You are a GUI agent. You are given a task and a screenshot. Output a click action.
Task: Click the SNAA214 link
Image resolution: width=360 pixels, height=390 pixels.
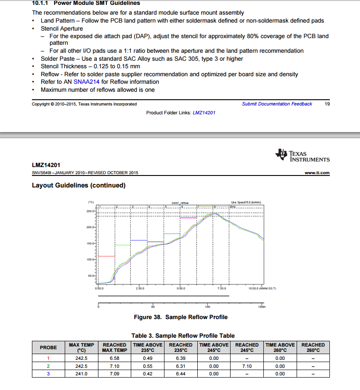pos(86,82)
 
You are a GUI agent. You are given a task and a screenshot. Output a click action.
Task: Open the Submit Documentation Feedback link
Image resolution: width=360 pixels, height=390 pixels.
pos(277,104)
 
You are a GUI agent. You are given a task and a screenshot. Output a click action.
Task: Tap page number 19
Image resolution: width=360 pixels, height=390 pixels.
pos(327,104)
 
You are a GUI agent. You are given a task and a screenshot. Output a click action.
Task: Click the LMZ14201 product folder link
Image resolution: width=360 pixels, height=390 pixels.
pos(204,113)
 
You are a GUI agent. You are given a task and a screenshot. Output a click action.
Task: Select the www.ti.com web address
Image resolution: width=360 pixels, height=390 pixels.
pos(317,173)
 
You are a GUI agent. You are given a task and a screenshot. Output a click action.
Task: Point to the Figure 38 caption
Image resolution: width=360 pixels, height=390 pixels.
pos(180,317)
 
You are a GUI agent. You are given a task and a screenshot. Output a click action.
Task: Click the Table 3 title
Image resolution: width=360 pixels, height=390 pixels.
pos(183,335)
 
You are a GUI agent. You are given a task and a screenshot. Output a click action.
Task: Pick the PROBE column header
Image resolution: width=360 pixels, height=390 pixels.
pos(48,347)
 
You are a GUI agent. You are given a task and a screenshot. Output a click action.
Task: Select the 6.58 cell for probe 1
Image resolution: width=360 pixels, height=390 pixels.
pos(115,359)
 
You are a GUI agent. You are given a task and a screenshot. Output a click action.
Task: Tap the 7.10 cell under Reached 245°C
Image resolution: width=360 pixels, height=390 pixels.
pos(247,366)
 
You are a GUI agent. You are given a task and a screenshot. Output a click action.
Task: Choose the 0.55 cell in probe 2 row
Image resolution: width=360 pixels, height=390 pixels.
pos(148,366)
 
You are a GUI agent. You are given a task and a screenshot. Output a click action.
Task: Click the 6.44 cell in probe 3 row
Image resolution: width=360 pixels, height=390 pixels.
pos(181,374)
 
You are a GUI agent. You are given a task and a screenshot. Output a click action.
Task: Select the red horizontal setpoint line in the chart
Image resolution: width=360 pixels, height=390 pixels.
pos(106,256)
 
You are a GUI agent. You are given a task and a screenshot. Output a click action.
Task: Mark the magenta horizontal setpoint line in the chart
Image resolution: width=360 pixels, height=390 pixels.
pos(188,218)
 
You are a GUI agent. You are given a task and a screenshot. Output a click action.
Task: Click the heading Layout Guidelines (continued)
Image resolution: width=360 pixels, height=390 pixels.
pos(78,185)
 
